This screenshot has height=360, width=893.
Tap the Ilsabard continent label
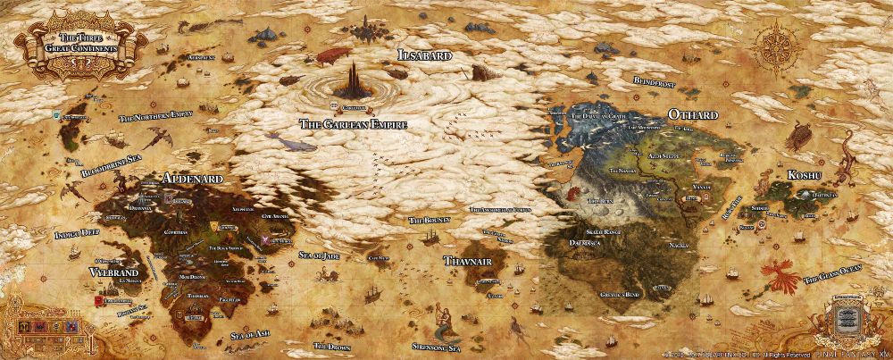pyautogui.click(x=424, y=55)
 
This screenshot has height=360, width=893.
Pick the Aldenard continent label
pyautogui.click(x=192, y=178)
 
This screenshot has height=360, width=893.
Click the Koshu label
pyautogui.click(x=805, y=176)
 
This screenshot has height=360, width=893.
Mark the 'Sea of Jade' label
pyautogui.click(x=318, y=255)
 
